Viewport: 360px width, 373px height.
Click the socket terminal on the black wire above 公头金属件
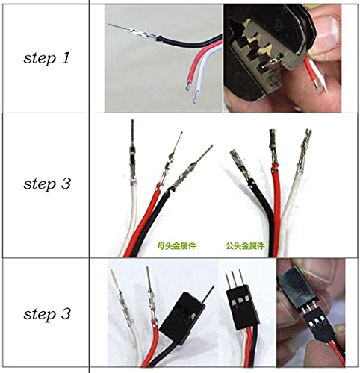click(238, 161)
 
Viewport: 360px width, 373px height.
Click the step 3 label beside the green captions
click(46, 184)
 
